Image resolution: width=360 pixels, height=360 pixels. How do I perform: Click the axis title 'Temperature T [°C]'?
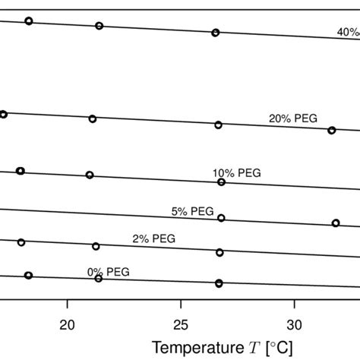[222, 347]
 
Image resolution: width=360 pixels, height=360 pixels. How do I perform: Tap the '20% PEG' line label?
[292, 118]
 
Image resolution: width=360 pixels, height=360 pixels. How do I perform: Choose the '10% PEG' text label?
[236, 172]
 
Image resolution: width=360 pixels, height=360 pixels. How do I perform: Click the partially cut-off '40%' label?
[348, 32]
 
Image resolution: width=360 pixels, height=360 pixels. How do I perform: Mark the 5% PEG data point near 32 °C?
[335, 223]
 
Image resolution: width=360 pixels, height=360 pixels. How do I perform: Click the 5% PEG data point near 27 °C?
[221, 218]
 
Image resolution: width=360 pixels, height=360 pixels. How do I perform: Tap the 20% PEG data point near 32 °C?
[331, 131]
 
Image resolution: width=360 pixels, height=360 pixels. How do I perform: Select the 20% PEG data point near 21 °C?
[93, 118]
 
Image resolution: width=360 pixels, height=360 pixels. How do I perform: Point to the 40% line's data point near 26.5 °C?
[215, 33]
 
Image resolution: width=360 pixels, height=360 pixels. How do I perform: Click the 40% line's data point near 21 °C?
[99, 26]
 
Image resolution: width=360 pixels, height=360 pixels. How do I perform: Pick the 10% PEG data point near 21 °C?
[90, 175]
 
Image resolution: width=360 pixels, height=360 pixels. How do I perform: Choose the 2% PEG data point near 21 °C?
[96, 246]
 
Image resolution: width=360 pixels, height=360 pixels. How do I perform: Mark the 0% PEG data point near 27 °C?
[219, 283]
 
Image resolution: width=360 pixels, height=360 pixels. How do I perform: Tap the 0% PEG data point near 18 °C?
[28, 276]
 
